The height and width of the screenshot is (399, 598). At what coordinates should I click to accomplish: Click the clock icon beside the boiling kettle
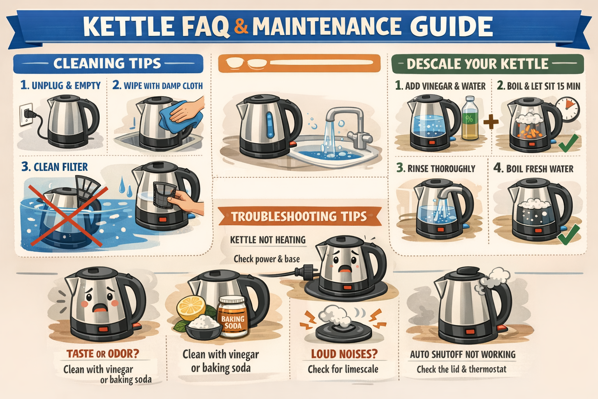click(568, 109)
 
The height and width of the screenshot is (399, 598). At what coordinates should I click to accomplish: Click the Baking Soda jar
click(233, 316)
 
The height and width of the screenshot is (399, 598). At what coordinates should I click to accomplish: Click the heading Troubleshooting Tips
click(299, 217)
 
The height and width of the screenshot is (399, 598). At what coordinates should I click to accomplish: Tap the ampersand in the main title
click(241, 26)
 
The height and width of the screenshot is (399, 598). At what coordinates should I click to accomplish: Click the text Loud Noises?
click(344, 354)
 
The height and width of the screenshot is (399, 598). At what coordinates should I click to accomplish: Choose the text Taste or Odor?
click(103, 354)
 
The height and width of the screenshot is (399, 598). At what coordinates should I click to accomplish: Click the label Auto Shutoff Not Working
click(463, 354)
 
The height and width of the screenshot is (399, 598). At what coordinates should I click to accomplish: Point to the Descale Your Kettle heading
click(477, 64)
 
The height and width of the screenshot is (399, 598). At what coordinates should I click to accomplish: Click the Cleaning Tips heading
click(107, 64)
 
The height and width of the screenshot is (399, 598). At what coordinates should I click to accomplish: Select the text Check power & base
click(267, 259)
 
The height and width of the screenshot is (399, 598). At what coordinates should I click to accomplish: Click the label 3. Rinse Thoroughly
click(436, 168)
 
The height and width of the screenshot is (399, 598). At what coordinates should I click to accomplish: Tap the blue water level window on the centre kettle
click(270, 125)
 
